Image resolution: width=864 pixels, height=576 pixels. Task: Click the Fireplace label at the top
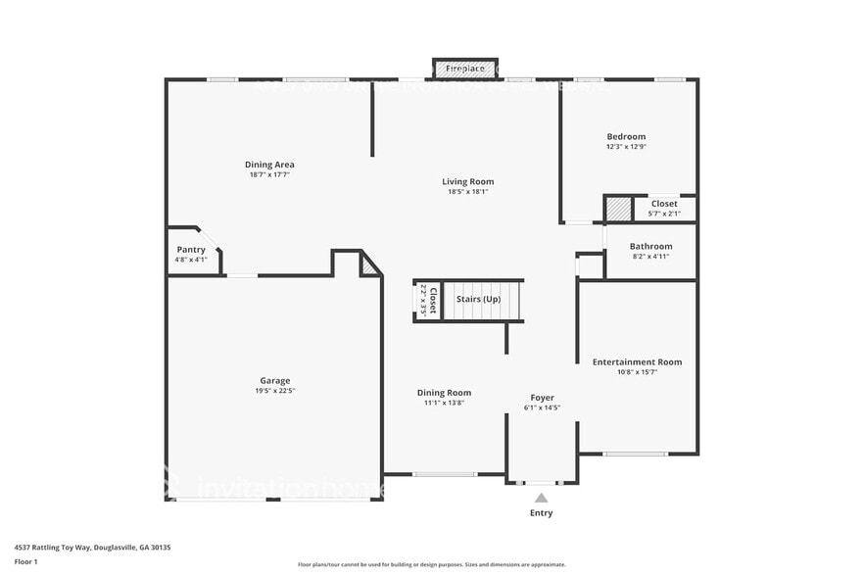pyautogui.click(x=464, y=69)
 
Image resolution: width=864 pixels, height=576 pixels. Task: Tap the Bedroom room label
pyautogui.click(x=626, y=136)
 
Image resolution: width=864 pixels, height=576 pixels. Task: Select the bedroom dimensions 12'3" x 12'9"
pyautogui.click(x=626, y=147)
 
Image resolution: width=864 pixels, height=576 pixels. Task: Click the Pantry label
pyautogui.click(x=191, y=250)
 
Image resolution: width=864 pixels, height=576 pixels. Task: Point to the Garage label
pyautogui.click(x=274, y=380)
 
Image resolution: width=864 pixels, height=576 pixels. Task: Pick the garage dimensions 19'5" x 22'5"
pyautogui.click(x=274, y=390)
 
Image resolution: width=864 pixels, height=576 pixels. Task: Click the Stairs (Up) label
pyautogui.click(x=478, y=299)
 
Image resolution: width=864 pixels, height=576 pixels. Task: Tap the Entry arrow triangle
pyautogui.click(x=541, y=498)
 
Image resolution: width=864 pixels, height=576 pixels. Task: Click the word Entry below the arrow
pyautogui.click(x=541, y=513)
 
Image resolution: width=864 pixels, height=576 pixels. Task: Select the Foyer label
pyautogui.click(x=542, y=398)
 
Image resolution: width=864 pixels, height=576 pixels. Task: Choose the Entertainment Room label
pyautogui.click(x=637, y=361)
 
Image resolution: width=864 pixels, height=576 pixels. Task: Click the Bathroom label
pyautogui.click(x=650, y=246)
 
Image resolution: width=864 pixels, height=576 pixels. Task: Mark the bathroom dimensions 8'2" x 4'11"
pyautogui.click(x=650, y=257)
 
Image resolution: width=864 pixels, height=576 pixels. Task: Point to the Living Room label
pyautogui.click(x=467, y=181)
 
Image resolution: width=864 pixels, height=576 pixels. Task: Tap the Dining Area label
pyautogui.click(x=269, y=165)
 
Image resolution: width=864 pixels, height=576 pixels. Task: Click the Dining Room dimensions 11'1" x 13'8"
pyautogui.click(x=444, y=403)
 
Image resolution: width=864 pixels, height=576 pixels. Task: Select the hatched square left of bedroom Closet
pyautogui.click(x=618, y=209)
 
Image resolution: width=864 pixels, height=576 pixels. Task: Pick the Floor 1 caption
pyautogui.click(x=25, y=561)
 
